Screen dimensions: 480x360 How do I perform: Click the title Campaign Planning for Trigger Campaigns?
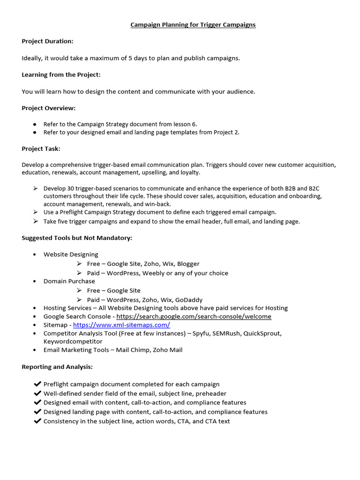click(193, 25)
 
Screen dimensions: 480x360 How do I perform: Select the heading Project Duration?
click(47, 41)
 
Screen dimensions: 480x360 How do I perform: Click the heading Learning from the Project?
click(61, 75)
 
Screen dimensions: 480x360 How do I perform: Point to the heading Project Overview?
click(48, 108)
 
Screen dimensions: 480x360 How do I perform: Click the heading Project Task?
click(41, 149)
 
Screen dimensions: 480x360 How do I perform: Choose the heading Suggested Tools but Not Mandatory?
click(77, 238)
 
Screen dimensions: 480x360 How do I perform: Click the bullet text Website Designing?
click(71, 255)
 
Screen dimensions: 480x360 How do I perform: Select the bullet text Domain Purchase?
click(69, 281)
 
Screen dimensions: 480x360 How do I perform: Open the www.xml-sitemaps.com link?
click(121, 325)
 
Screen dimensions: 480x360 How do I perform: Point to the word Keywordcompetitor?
click(73, 342)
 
